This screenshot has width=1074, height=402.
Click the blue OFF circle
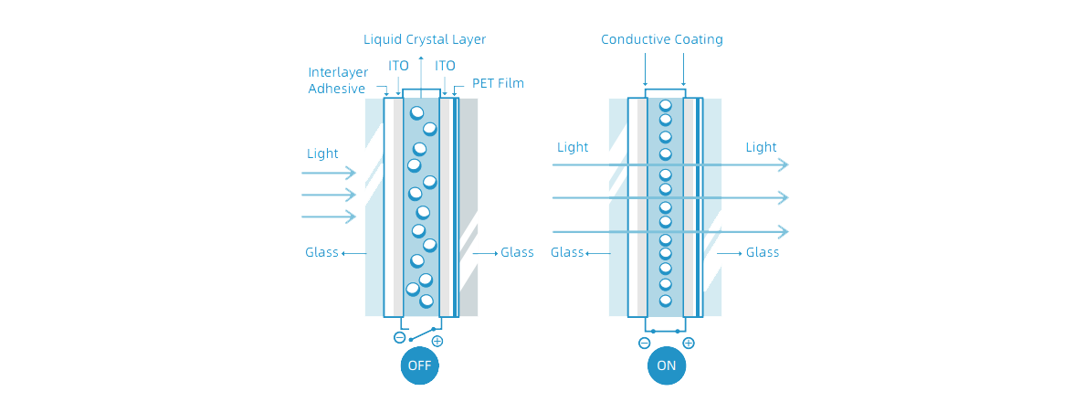tap(419, 365)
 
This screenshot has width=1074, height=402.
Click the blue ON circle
tap(667, 365)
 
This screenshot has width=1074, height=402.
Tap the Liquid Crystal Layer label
tap(425, 39)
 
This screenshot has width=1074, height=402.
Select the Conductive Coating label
tap(661, 39)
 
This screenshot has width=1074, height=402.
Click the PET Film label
tap(498, 83)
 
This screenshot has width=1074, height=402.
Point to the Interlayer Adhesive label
tap(338, 80)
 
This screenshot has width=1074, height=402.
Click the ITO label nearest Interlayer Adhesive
tap(398, 66)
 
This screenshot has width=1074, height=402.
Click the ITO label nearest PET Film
tap(446, 66)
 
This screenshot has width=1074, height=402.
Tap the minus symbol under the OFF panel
tap(399, 338)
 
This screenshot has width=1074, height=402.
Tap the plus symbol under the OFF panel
tap(437, 341)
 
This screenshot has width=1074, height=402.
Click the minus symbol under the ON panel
tap(644, 344)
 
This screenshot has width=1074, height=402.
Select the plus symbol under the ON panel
tap(689, 344)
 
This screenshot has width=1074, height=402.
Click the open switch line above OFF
tap(421, 334)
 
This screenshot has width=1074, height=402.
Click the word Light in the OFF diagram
tap(322, 153)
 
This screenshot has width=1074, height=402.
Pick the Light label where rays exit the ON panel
tap(761, 147)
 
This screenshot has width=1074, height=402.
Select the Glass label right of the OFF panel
tap(517, 253)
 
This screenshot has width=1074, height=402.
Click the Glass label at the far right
tap(763, 253)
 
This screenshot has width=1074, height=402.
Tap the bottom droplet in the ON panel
tap(665, 301)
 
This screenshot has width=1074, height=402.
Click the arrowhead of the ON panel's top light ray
tap(784, 165)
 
